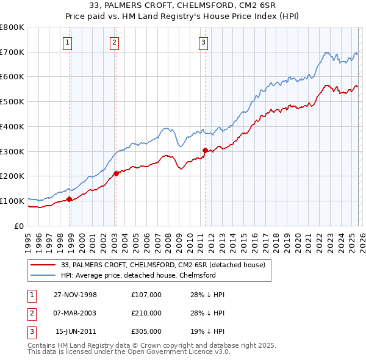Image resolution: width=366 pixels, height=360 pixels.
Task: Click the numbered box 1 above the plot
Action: pyautogui.click(x=66, y=42)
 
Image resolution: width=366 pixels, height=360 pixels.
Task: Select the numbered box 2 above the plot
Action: pyautogui.click(x=114, y=42)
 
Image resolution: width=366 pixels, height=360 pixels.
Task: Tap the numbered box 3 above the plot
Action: pyautogui.click(x=203, y=42)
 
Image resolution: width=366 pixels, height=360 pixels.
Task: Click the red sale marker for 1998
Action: pyautogui.click(x=70, y=198)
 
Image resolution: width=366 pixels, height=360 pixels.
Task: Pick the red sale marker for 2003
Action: pyautogui.click(x=116, y=173)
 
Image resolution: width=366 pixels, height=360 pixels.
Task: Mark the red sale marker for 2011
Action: pyautogui.click(x=205, y=149)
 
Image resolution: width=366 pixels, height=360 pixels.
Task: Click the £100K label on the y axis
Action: pyautogui.click(x=12, y=201)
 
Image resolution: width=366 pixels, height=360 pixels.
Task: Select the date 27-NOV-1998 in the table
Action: pyautogui.click(x=75, y=294)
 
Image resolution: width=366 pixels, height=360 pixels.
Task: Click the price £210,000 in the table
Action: pyautogui.click(x=146, y=313)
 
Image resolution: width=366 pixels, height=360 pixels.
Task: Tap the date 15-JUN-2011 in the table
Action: pyautogui.click(x=76, y=332)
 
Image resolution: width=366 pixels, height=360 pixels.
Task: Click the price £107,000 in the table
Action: pyautogui.click(x=146, y=294)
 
